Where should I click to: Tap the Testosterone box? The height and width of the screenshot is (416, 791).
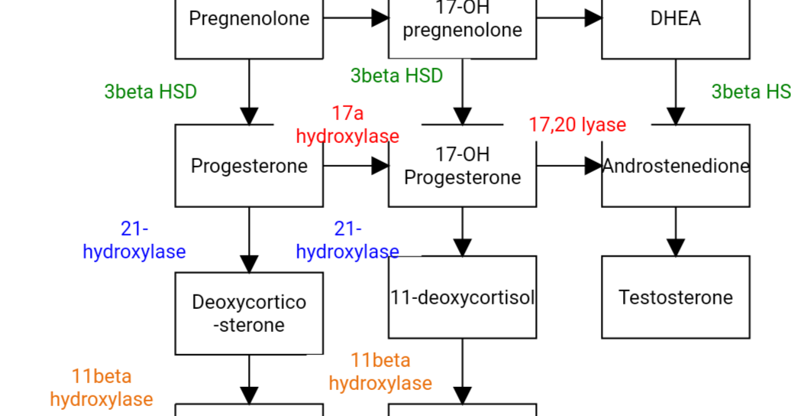pos(676,297)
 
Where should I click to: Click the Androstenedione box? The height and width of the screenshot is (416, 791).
pos(676,166)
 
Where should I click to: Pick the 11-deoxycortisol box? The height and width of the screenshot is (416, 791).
pos(463,297)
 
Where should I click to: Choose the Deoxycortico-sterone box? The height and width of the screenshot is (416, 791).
pos(249,314)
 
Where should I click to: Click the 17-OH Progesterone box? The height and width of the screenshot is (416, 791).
pos(463,166)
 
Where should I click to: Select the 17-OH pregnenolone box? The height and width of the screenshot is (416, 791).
pos(463,23)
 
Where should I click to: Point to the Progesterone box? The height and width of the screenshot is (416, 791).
pos(249,166)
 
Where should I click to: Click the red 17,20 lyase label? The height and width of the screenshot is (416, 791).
pos(577,125)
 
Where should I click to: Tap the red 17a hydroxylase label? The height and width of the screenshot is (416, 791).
pos(347,125)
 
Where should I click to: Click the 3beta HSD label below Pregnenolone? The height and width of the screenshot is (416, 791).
pos(150,92)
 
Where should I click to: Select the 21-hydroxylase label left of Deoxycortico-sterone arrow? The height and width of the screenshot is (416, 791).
pos(134,240)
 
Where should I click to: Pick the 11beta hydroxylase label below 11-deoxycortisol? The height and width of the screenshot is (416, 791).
pos(380,372)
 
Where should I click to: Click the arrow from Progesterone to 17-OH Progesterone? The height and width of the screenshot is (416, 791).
pos(356,165)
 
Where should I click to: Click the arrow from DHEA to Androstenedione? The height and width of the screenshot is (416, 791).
pos(676,92)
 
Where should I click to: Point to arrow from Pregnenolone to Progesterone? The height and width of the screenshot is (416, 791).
pos(249,92)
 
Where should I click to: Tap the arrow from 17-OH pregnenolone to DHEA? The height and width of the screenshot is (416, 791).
pos(569,18)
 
